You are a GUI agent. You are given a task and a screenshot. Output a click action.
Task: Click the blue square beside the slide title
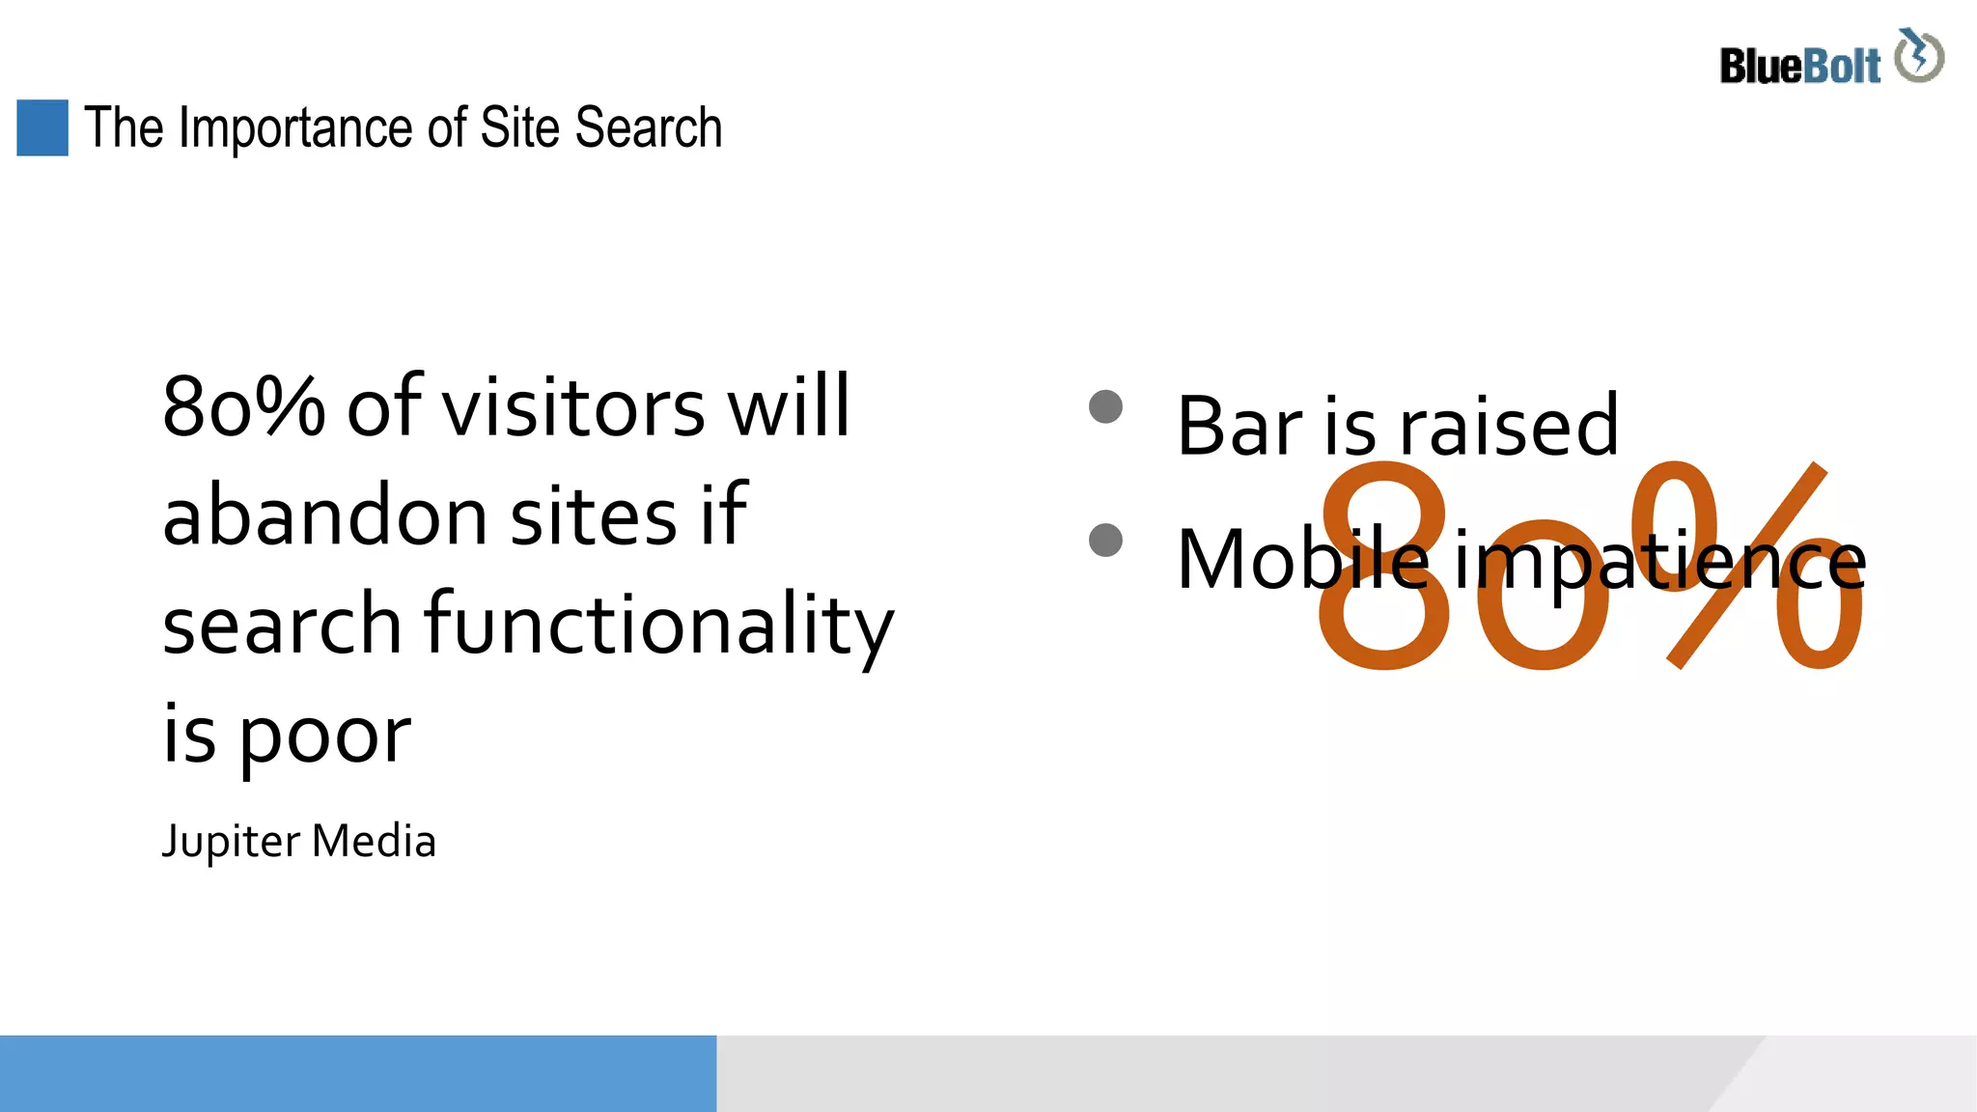coord(42,127)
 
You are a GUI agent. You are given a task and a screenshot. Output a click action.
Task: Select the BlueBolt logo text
coord(1799,67)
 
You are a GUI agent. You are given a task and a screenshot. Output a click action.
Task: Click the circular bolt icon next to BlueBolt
coord(1919,56)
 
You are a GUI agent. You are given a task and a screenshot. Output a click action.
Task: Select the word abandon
coord(325,515)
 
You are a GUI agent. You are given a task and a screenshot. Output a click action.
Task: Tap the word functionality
coord(659,625)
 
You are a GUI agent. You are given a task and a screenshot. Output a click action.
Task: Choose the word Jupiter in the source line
coord(231,842)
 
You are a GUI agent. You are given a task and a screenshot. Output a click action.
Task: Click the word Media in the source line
coord(374,841)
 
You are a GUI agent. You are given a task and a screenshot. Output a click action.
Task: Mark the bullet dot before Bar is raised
coord(1105,406)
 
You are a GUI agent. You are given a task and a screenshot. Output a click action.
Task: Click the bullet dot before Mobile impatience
coord(1105,540)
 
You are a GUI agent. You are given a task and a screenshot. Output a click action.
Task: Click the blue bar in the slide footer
coord(357,1073)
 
